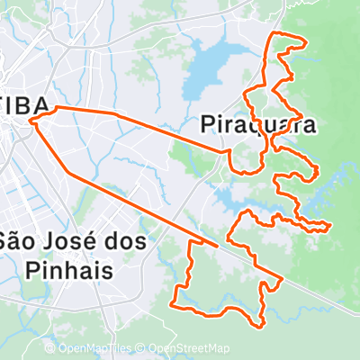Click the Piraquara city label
[x=257, y=124]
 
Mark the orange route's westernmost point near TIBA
[x=30, y=119]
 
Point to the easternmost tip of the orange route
[x=332, y=223]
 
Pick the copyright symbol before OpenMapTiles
[x=50, y=349]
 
